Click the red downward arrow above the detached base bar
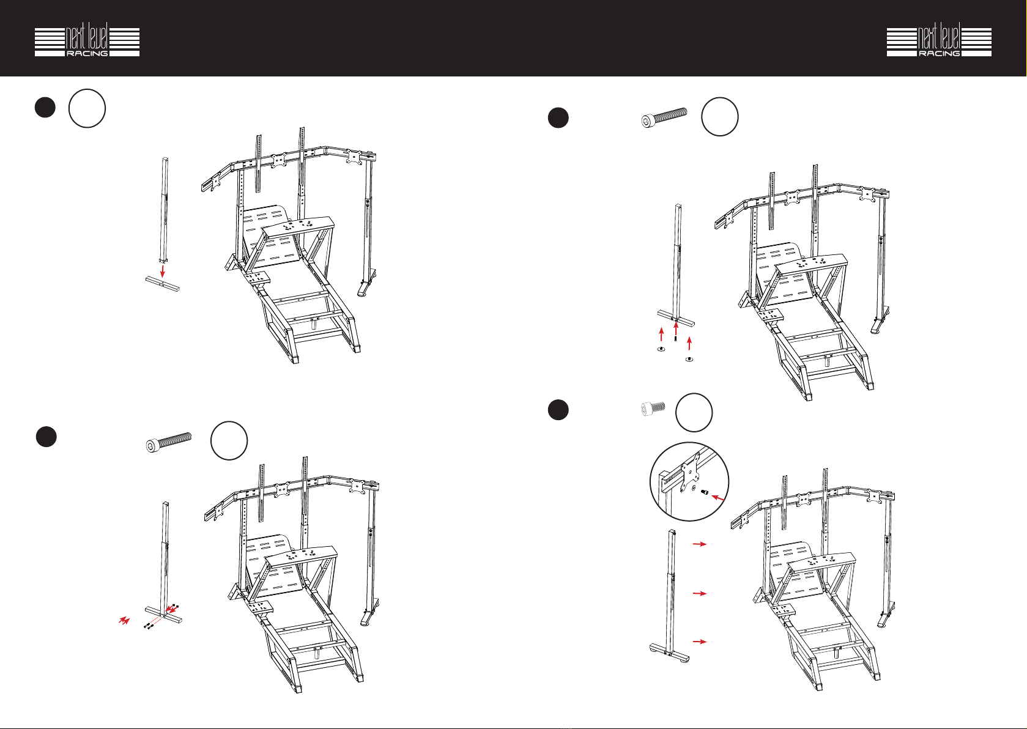162,270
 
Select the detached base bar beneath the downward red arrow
163,284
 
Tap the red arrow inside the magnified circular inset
719,497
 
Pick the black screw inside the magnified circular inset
705,492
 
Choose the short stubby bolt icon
653,407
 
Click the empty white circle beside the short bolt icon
694,413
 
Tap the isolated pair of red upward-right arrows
124,621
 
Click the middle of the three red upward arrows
676,329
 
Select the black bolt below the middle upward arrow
676,339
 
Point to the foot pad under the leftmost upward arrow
661,350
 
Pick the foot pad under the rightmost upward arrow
689,360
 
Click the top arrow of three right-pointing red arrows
700,544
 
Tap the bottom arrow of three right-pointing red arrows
700,642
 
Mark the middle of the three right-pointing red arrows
700,593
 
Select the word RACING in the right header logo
939,53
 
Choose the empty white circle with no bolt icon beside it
87,108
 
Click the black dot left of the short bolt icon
558,409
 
